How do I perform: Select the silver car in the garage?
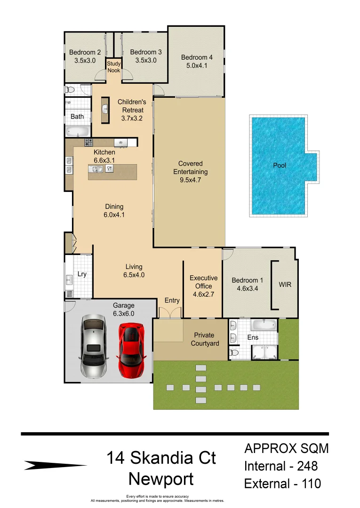tap(93, 347)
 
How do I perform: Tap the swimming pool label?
tap(280, 166)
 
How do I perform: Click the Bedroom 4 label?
tap(197, 57)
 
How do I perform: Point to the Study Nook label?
tap(114, 67)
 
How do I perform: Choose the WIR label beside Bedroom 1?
tap(285, 285)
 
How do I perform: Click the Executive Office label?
tap(203, 282)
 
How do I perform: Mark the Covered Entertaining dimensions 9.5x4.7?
tap(190, 180)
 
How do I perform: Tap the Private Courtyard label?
tap(205, 339)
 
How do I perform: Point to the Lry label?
tap(82, 274)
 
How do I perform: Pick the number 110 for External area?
tap(309, 483)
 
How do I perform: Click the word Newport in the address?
tap(161, 479)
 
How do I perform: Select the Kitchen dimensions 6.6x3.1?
tap(104, 160)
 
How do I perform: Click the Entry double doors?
tap(169, 312)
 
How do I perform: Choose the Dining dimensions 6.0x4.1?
tap(114, 215)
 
